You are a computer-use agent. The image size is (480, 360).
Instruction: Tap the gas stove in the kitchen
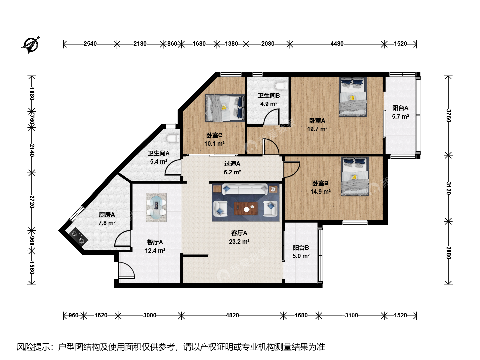tap(78, 237)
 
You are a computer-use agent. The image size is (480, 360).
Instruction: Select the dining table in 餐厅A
tap(156, 207)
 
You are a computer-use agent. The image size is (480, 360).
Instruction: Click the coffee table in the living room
tap(246, 209)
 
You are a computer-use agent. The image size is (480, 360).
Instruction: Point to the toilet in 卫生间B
tap(281, 86)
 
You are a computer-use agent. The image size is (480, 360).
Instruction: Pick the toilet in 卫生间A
tap(173, 138)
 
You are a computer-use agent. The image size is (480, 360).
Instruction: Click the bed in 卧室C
tap(225, 108)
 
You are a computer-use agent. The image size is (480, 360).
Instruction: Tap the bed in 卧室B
tap(355, 176)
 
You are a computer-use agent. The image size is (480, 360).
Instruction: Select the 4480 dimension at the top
tap(337, 44)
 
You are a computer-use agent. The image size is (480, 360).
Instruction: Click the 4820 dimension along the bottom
tap(232, 315)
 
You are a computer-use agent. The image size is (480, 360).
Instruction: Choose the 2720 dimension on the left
tap(32, 202)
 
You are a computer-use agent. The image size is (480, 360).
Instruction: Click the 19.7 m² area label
tap(317, 129)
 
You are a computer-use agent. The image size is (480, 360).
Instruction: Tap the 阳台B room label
tap(301, 248)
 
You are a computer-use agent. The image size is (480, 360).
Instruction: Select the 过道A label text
tap(232, 163)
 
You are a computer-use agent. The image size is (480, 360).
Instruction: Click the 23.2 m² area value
tap(239, 241)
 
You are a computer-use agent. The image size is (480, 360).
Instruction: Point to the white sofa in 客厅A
tap(245, 189)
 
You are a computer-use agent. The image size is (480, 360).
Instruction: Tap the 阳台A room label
tap(400, 108)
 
